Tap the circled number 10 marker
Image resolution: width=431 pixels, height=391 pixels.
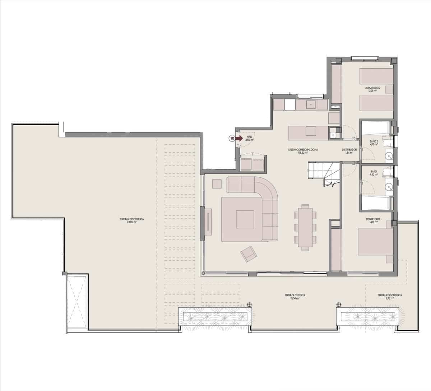click(232, 138)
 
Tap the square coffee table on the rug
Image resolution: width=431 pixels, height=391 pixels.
click(245, 219)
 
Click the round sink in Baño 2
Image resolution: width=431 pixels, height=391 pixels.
click(388, 157)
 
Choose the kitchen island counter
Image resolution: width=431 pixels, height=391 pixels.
click(309, 133)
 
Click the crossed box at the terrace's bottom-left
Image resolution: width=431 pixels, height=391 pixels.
click(77, 302)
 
